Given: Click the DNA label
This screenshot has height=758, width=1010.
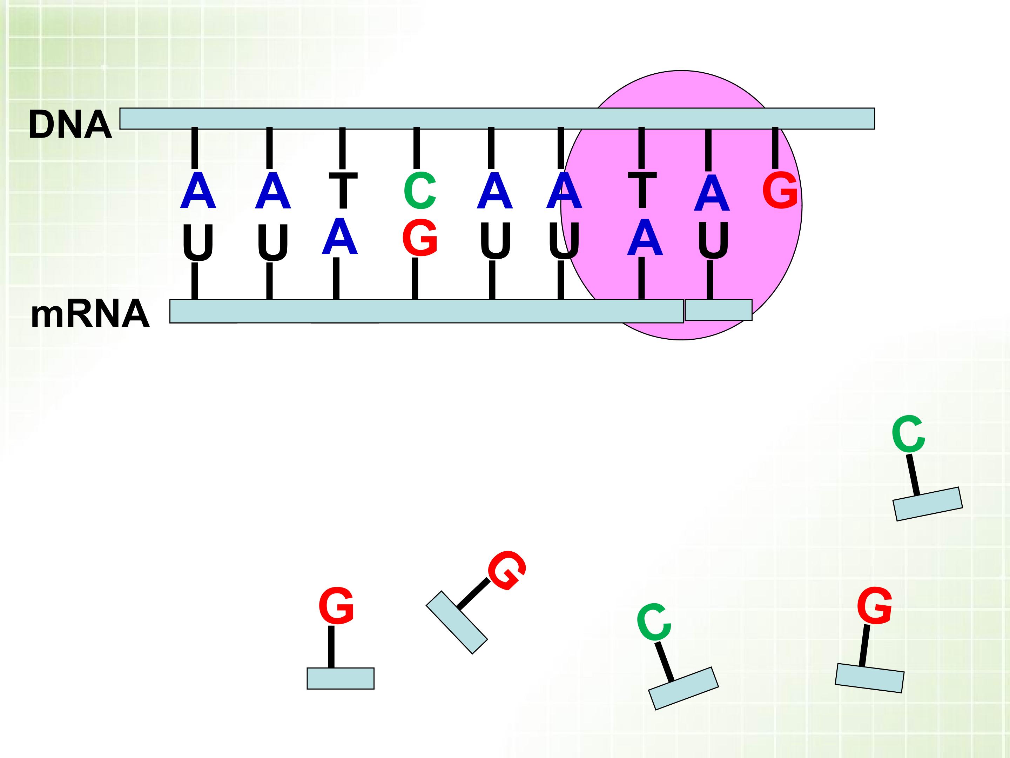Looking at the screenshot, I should coord(70,124).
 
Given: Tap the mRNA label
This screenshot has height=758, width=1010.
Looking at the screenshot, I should coord(90,314).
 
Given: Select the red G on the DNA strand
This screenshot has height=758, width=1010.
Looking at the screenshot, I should coord(780,191).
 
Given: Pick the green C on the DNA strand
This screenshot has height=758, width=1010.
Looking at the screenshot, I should coord(420,191).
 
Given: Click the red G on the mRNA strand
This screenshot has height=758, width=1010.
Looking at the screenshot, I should coord(420,238).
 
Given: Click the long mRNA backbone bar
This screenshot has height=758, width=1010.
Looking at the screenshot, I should coord(426,311).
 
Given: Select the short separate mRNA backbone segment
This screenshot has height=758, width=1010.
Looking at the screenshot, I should coord(718,310).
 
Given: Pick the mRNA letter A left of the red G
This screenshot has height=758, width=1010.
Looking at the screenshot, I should coord(339,236).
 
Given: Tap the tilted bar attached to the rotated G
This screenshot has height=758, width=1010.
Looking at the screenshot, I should coord(457,622).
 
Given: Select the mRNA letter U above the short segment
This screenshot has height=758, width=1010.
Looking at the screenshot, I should coord(713,240).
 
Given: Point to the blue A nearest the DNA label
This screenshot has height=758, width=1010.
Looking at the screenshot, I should coord(198,191).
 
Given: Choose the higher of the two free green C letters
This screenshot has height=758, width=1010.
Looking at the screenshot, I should coord(908,434).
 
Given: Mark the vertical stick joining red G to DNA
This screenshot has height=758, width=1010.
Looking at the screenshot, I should coord(775,148).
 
